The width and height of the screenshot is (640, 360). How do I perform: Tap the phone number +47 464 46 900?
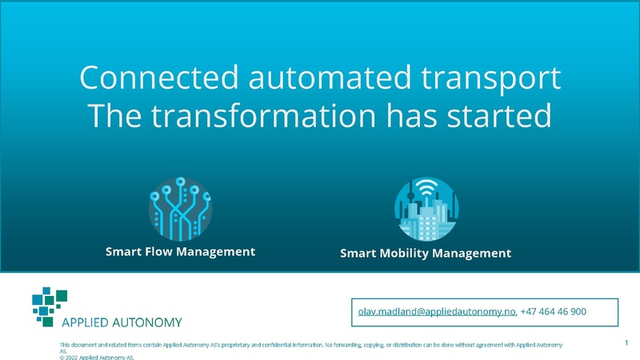(554, 311)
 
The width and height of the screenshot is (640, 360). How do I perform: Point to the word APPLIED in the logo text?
(88, 322)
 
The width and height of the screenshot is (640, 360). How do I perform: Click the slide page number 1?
(626, 342)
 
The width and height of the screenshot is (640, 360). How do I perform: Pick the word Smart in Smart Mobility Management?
(358, 254)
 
